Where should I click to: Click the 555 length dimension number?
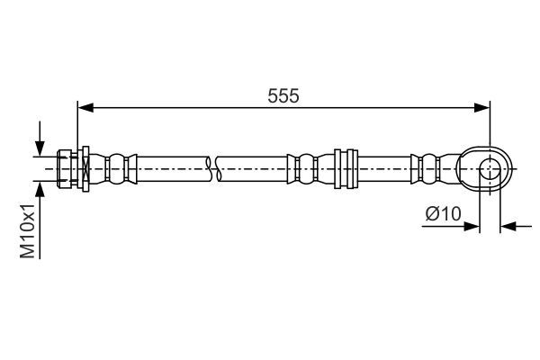(284, 94)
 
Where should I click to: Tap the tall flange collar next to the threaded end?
(84, 168)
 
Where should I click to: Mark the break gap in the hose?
(213, 168)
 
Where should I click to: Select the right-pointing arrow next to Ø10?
(471, 226)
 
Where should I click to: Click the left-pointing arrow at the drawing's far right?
(509, 226)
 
